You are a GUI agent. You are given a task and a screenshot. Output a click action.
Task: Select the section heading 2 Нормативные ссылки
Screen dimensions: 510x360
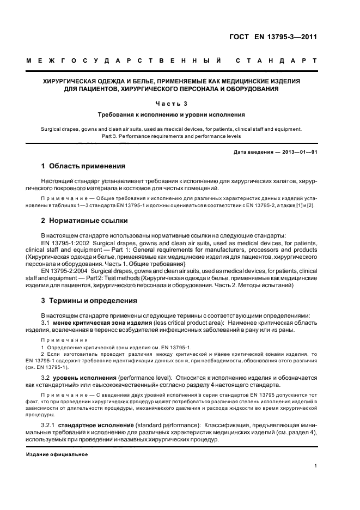[85, 221]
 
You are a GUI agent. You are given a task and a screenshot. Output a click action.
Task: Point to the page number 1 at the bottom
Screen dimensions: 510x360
[316, 465]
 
